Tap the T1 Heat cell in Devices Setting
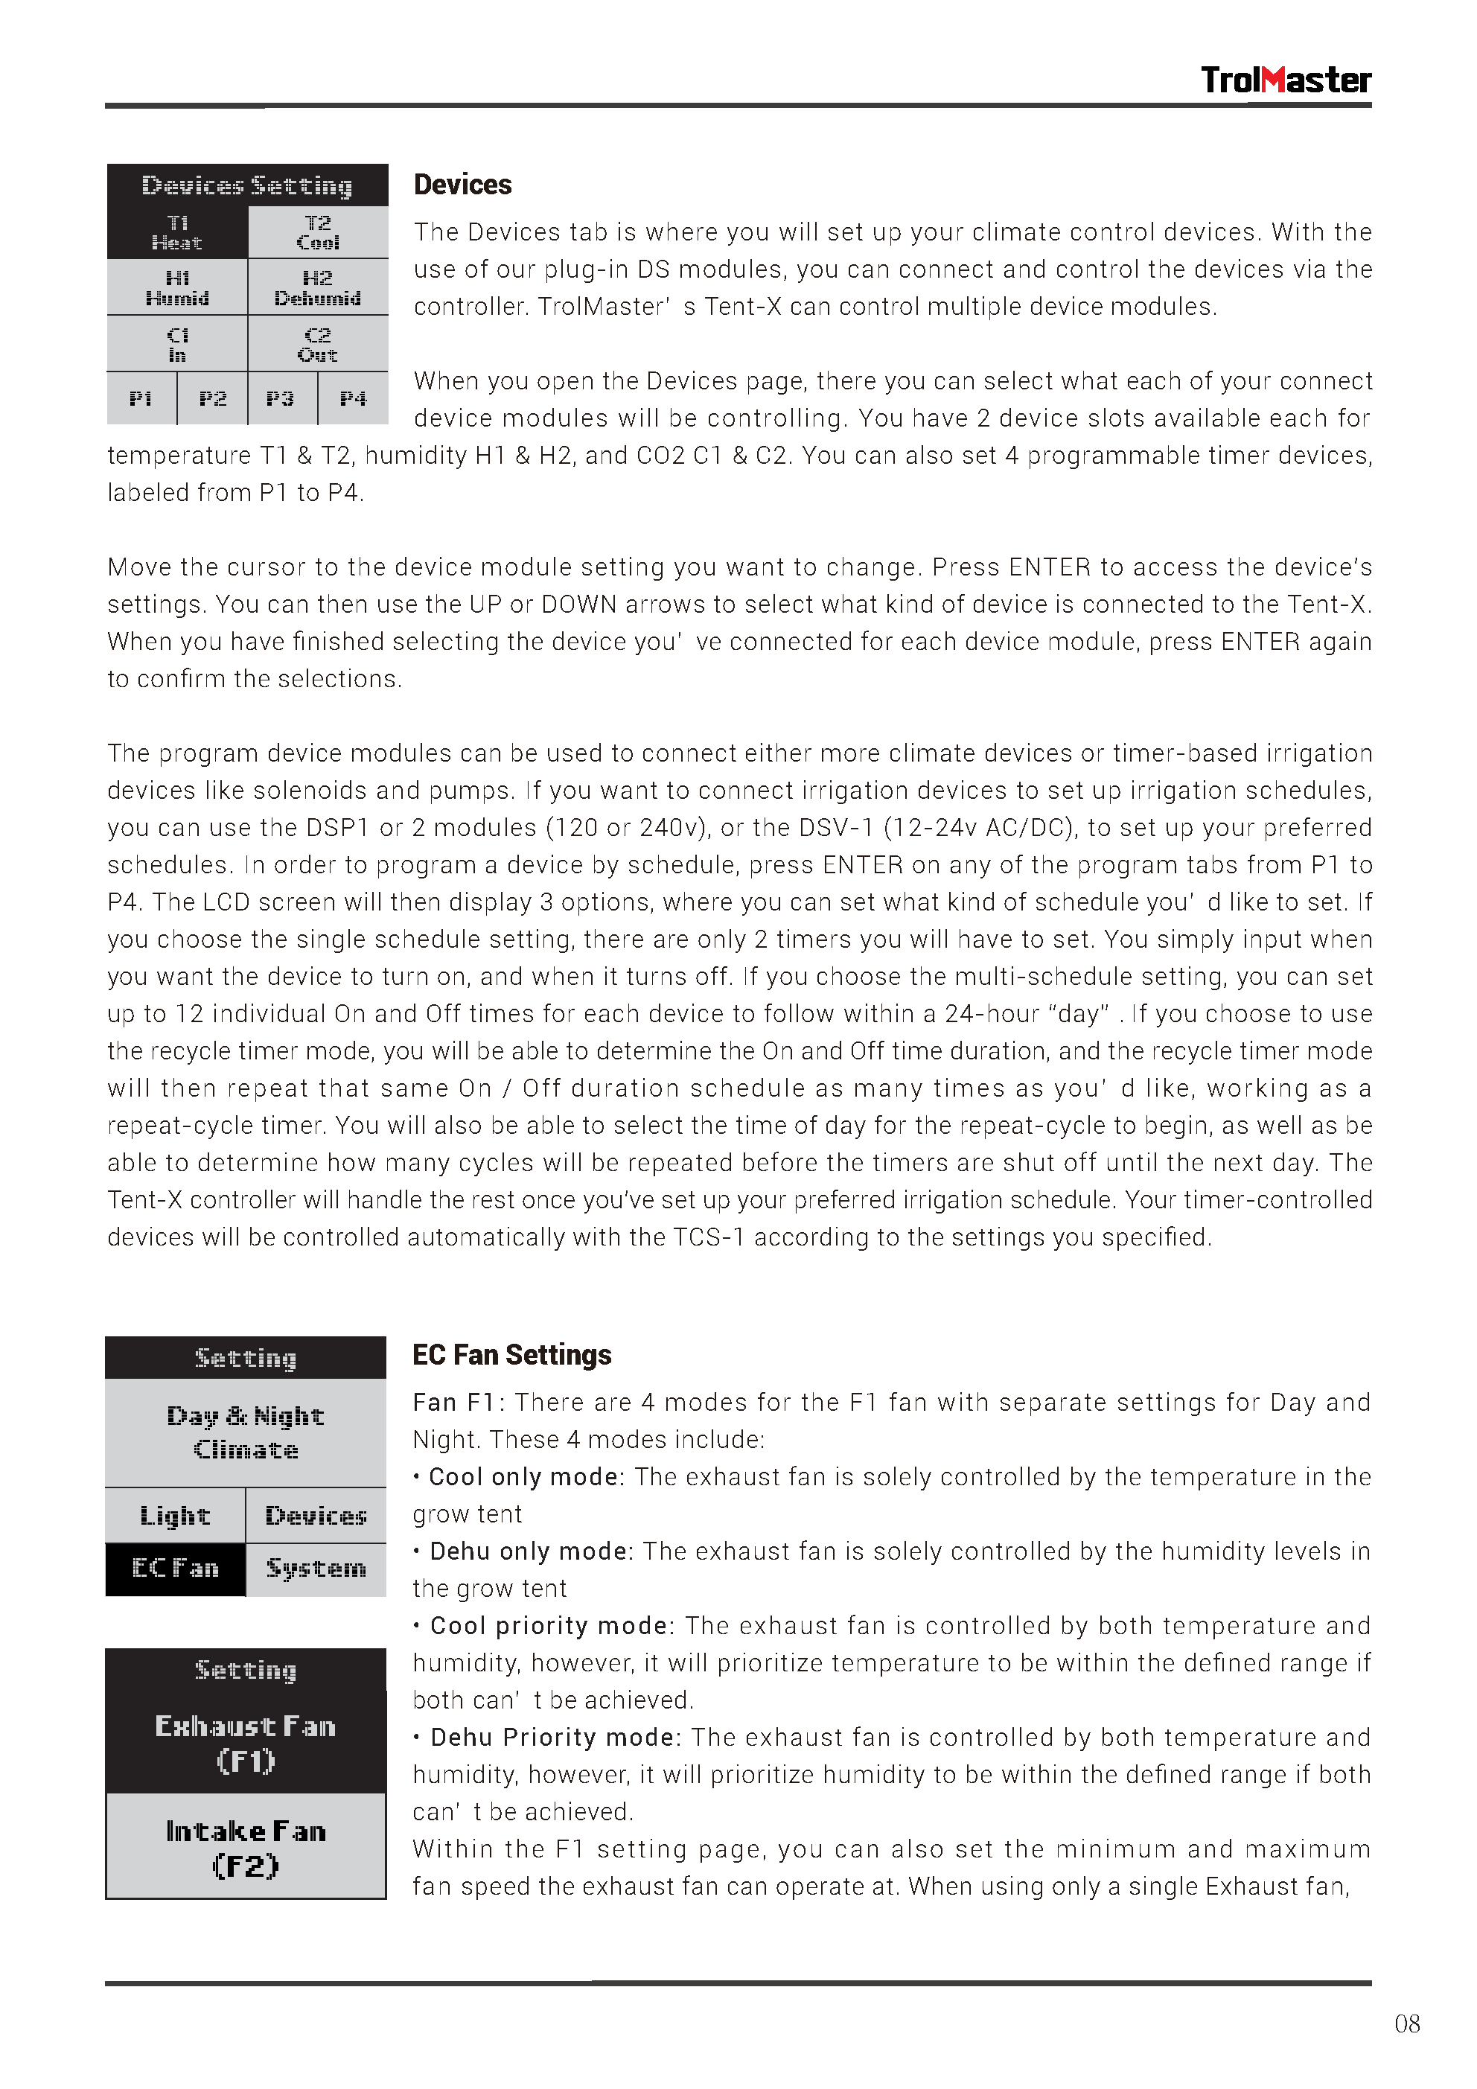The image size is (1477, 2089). [x=177, y=233]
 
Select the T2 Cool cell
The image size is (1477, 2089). [x=318, y=233]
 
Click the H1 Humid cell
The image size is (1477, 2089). [x=177, y=287]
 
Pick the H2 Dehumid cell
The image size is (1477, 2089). [x=318, y=287]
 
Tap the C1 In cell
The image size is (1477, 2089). [x=177, y=344]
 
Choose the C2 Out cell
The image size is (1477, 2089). [x=318, y=344]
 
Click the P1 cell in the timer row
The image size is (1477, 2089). [x=141, y=398]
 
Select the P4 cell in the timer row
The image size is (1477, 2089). [x=353, y=398]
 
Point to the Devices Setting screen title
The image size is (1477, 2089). [x=246, y=185]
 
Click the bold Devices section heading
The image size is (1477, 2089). [x=462, y=185]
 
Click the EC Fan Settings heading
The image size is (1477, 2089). [x=511, y=1355]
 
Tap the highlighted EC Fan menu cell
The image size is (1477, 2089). [x=176, y=1569]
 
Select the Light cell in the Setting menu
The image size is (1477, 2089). [x=176, y=1516]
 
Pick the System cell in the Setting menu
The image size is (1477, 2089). [x=316, y=1569]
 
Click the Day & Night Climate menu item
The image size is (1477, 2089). [x=246, y=1433]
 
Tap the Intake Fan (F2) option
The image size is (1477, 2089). [x=246, y=1848]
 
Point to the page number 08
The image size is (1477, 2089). [x=1406, y=2023]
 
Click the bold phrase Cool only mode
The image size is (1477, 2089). [x=523, y=1477]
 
